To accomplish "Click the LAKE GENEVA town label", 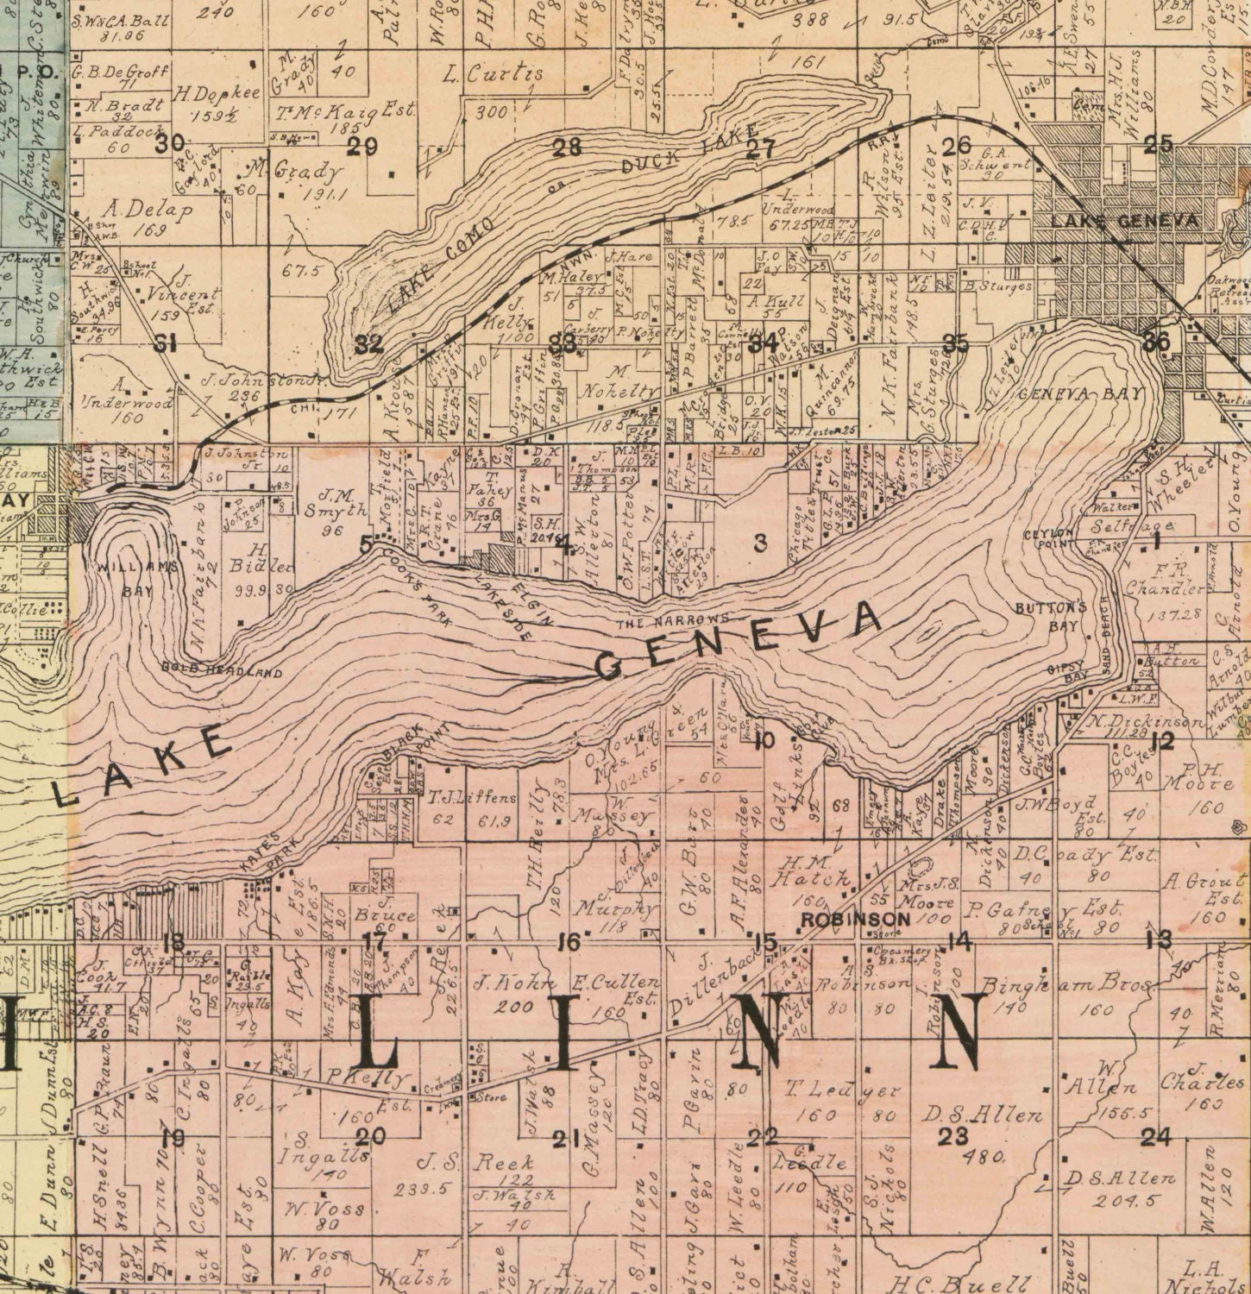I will pos(1123,222).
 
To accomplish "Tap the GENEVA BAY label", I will pos(1080,393).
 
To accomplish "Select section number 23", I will pos(953,1136).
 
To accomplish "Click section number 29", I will pos(362,147).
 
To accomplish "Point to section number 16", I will pos(567,942).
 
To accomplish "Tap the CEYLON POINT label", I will pos(1048,537).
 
